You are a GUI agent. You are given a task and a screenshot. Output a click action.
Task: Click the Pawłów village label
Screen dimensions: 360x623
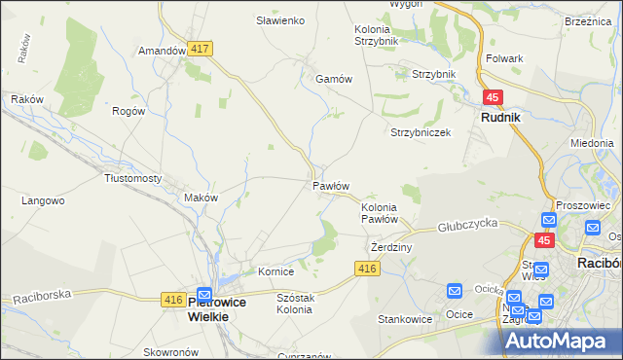(x=331, y=185)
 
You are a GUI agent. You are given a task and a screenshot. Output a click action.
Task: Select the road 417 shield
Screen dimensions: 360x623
(x=202, y=48)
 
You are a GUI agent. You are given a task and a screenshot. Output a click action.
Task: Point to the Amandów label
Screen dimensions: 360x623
(x=162, y=51)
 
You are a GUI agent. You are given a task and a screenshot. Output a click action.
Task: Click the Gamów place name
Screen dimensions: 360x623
(x=332, y=80)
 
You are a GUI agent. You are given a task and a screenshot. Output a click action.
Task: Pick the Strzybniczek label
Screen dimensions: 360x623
(x=421, y=132)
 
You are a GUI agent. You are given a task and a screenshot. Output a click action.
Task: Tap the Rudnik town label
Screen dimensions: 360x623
(x=501, y=117)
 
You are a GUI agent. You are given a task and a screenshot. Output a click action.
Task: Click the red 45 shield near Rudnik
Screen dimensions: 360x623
(x=493, y=97)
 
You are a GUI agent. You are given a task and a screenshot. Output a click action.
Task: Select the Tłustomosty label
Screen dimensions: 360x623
(x=132, y=179)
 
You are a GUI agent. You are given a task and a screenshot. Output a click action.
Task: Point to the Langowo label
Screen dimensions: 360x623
(x=43, y=201)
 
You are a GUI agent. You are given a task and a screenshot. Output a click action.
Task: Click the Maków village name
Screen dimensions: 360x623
(x=201, y=198)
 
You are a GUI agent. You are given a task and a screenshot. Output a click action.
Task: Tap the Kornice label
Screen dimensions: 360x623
(x=275, y=271)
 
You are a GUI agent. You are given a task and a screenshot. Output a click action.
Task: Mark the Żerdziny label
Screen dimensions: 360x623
(x=392, y=248)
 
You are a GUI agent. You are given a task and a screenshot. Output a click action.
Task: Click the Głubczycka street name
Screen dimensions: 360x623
(x=467, y=223)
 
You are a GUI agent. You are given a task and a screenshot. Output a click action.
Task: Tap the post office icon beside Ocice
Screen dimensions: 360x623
(x=455, y=291)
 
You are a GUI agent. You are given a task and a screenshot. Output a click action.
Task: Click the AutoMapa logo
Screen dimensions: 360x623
(x=563, y=340)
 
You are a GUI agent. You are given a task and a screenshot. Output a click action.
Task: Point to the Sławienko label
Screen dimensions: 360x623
(x=280, y=20)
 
